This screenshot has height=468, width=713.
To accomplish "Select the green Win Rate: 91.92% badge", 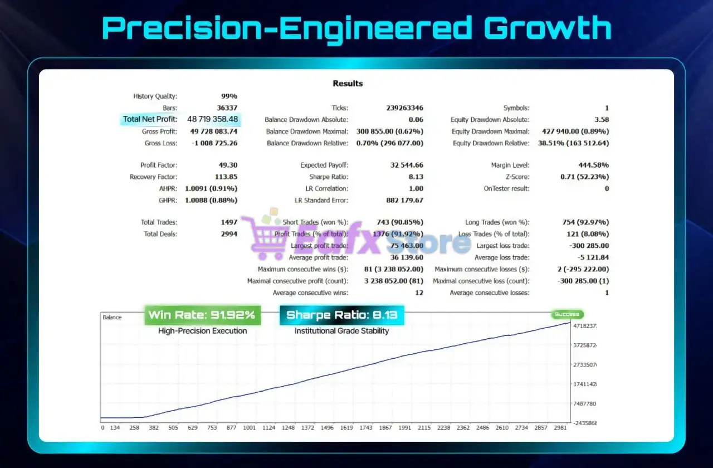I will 202,315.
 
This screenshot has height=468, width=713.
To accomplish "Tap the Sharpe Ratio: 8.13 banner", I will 341,315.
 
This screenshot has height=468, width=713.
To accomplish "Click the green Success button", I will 567,314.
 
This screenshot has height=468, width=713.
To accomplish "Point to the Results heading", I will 348,84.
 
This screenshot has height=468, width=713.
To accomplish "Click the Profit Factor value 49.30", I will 228,165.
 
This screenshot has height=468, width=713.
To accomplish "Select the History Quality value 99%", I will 229,96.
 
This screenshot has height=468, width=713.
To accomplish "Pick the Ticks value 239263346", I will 404,108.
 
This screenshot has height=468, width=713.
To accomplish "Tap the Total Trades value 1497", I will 229,222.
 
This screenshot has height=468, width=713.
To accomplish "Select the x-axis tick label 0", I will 102,428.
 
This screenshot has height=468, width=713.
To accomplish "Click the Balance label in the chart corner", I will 112,318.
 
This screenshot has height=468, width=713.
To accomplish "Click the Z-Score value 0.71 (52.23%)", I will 584,177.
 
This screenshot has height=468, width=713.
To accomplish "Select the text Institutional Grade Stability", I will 341,331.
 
